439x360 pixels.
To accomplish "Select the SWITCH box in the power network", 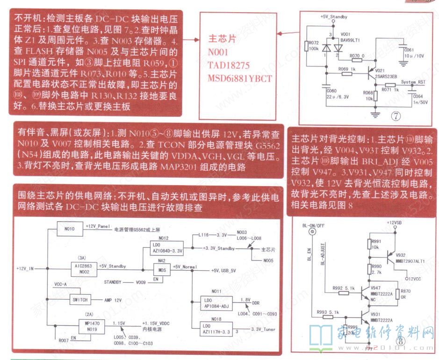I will (x=79, y=299).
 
